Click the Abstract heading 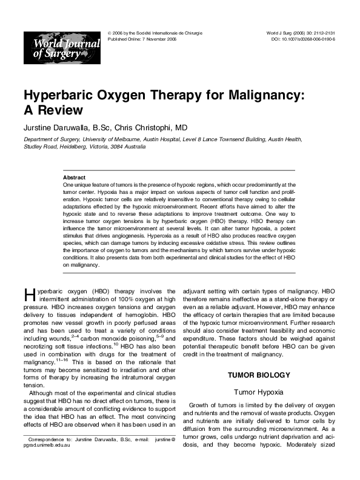[x=75, y=177]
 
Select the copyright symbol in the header [x=108, y=32]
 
